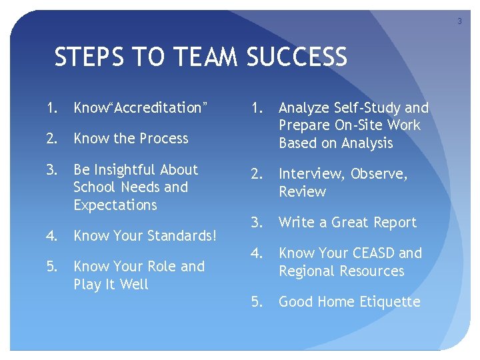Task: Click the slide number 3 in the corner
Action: coord(459,22)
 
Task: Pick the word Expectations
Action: coord(115,205)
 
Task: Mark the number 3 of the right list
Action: coord(255,223)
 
